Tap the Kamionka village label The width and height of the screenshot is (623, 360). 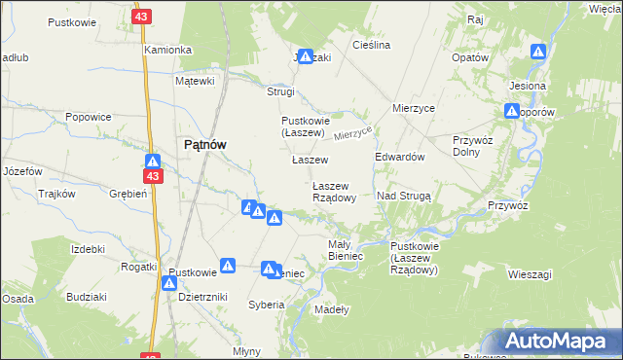167,49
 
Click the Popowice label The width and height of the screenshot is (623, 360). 88,117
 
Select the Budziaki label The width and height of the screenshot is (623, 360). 87,295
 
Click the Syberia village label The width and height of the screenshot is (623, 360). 266,305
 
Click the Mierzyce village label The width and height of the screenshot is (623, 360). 413,108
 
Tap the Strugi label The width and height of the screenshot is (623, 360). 280,91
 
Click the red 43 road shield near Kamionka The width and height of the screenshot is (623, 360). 142,17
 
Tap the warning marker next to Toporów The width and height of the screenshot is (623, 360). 512,111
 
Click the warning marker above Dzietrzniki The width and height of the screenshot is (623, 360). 169,283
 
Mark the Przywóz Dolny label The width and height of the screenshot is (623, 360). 473,146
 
